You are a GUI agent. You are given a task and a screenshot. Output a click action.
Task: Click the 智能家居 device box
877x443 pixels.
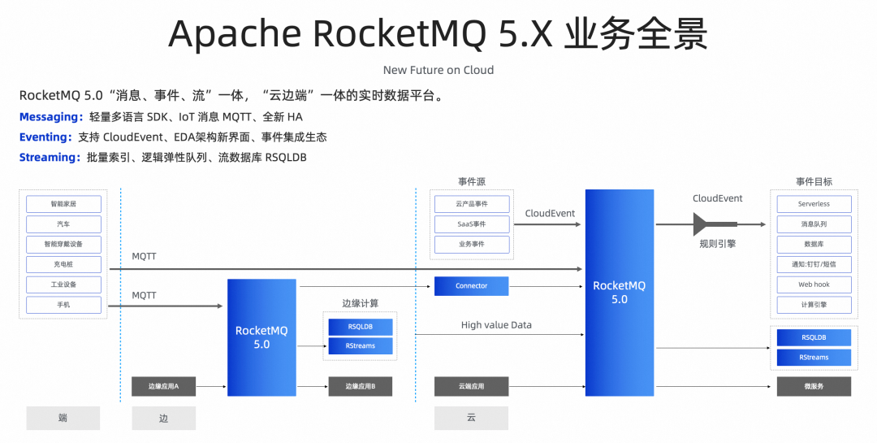(x=63, y=204)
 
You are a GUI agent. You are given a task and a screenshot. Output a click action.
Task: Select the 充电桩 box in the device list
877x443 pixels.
(x=63, y=264)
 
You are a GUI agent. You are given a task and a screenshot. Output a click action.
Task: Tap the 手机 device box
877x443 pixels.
(x=63, y=305)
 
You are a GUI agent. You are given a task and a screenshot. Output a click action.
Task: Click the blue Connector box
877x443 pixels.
(x=472, y=286)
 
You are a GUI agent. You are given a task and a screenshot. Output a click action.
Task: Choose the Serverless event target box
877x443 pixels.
(x=814, y=204)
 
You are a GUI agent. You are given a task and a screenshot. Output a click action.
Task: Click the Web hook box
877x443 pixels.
(x=814, y=284)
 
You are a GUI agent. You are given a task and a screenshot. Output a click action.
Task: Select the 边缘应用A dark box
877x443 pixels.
(x=163, y=386)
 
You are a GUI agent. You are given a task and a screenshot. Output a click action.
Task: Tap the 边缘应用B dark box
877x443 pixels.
(x=361, y=386)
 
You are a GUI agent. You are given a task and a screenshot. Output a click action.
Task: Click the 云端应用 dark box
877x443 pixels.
(x=472, y=386)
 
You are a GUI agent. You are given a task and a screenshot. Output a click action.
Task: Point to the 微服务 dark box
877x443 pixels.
(x=814, y=386)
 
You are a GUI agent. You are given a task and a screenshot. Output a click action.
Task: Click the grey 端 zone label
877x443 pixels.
(x=63, y=418)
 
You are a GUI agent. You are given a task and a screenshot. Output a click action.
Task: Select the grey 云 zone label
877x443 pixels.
(x=472, y=418)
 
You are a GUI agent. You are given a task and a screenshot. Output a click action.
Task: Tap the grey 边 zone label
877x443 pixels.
(x=163, y=418)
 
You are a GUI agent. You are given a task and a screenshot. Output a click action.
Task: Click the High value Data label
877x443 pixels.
(x=496, y=325)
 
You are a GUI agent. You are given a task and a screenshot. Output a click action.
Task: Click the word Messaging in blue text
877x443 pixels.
(x=50, y=117)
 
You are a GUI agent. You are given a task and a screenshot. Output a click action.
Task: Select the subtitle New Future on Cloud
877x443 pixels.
(x=438, y=70)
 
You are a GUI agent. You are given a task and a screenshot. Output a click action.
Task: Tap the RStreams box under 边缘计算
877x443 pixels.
(x=361, y=346)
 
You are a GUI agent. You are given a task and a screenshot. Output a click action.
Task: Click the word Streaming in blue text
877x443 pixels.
(x=49, y=157)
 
